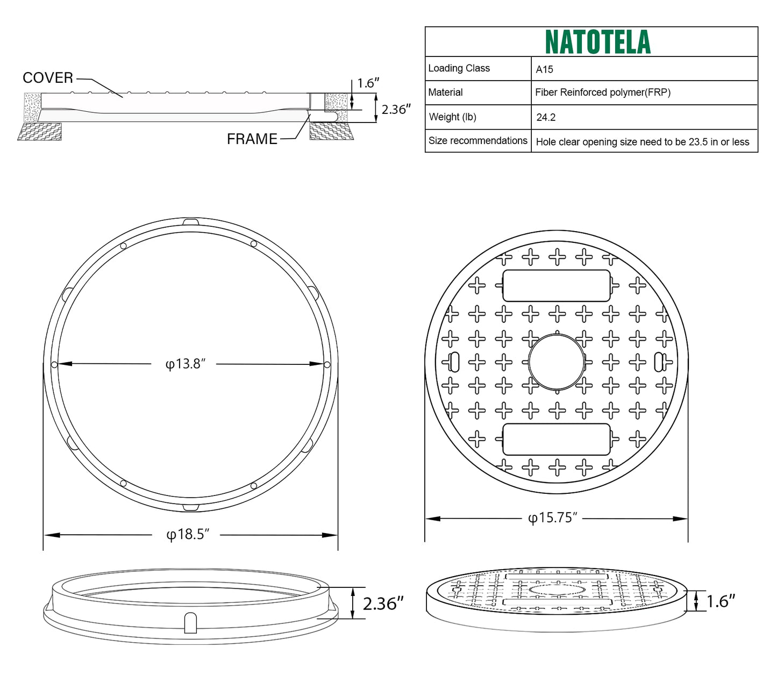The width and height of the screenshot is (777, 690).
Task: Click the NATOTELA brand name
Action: [x=597, y=42]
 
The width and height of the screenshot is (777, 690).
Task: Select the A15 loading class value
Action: [x=544, y=69]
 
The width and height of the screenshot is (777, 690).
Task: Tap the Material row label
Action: [x=445, y=92]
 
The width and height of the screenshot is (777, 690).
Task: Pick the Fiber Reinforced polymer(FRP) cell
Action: [x=602, y=92]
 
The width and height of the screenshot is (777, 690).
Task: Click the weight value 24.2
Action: [x=546, y=117]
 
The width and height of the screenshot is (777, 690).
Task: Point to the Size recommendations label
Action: [x=477, y=141]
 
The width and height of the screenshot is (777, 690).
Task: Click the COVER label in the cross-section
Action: [x=48, y=78]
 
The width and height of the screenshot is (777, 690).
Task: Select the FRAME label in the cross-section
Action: [x=252, y=139]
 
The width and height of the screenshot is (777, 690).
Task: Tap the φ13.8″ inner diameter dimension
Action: [x=186, y=364]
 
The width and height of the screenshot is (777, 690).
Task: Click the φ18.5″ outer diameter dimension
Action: [x=187, y=535]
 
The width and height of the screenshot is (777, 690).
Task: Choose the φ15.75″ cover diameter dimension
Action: [x=552, y=518]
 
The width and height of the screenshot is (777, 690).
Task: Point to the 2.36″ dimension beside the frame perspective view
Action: [x=383, y=604]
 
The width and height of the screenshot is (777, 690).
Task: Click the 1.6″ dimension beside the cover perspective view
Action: [x=721, y=601]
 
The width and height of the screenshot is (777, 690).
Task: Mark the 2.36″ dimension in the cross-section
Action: [x=396, y=110]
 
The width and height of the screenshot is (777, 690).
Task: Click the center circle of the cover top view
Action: [x=556, y=362]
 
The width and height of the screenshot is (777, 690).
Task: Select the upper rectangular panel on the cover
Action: [x=556, y=286]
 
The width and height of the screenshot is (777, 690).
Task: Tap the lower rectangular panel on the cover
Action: [x=556, y=439]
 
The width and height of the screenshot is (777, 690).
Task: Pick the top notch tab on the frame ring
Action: [x=190, y=222]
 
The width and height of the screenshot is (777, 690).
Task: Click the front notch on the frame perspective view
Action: [x=190, y=623]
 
